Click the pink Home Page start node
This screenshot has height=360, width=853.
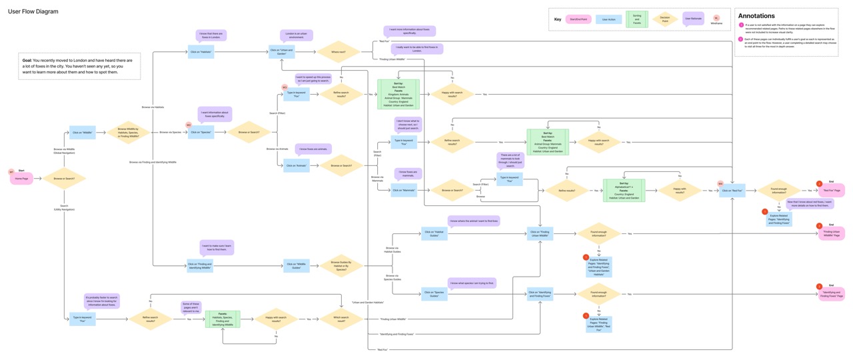pos(21,179)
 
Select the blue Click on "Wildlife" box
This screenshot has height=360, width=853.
pos(83,132)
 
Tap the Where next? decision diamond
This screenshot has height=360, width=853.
pos(338,52)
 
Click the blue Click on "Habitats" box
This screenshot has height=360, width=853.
pos(201,52)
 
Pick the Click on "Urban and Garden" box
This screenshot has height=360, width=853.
pos(282,52)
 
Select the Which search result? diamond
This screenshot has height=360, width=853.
pos(341,319)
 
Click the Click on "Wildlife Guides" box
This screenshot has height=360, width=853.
pos(297,265)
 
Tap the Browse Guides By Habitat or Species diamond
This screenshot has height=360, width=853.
pos(341,265)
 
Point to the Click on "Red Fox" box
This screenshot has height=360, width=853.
pos(731,191)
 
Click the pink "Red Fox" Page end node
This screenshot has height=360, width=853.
pos(832,191)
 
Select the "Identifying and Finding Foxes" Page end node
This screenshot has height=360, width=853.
pos(832,293)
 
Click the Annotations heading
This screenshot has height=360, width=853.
pos(756,16)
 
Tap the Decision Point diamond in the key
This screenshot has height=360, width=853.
pos(664,19)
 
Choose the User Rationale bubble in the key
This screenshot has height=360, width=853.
pos(693,19)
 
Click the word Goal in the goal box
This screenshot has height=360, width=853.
pos(27,61)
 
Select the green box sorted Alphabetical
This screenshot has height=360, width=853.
pos(624,191)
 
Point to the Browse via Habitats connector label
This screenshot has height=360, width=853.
pos(153,107)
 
